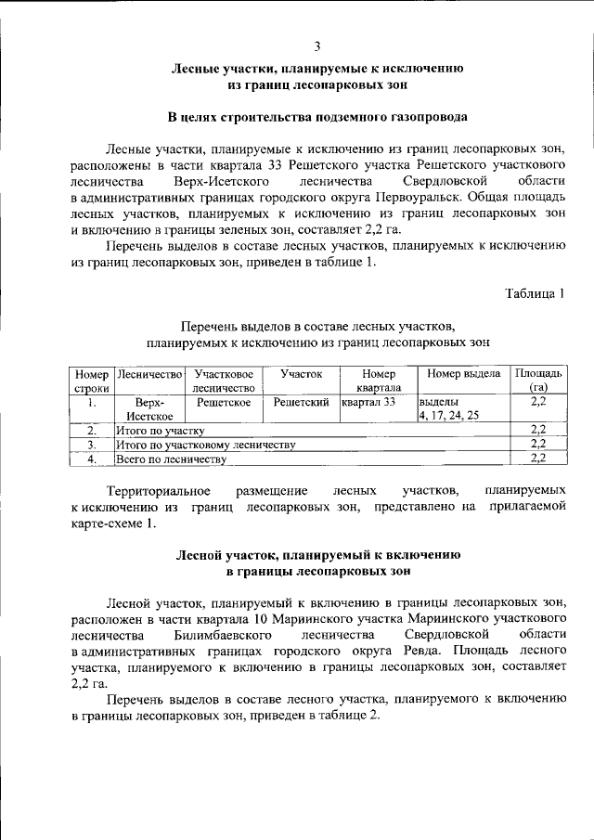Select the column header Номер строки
point(92,380)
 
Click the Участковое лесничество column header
point(224,380)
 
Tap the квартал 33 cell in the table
point(368,402)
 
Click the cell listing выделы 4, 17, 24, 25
point(448,409)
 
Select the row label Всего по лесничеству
point(171,459)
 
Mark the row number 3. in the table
point(92,445)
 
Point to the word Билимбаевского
point(223,634)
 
